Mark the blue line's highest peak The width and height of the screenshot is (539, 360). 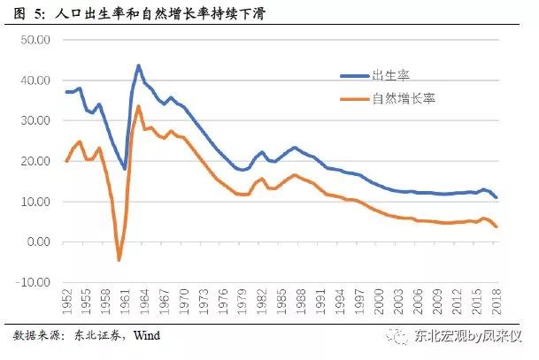[x=139, y=65]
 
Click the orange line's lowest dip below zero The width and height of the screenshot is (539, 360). [x=119, y=260]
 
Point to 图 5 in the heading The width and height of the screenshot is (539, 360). [x=24, y=12]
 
